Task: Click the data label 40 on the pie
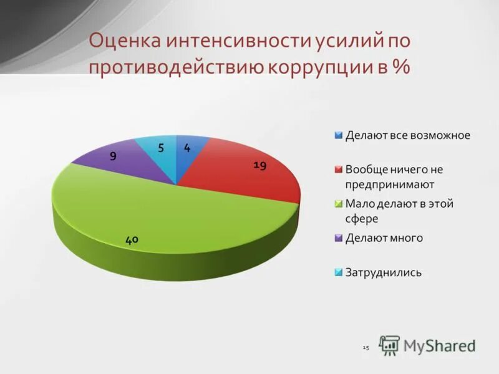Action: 132,239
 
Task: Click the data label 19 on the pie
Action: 260,165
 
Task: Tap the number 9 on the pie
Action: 113,157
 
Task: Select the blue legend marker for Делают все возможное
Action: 339,135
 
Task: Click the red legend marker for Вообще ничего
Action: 339,170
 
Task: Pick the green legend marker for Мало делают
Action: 339,204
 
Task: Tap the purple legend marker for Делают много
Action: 339,238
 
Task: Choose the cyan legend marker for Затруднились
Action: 339,272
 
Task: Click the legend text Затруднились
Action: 384,272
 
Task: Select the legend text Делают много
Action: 384,238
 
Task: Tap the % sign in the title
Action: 402,67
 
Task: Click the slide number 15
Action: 366,347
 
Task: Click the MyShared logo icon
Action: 389,345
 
